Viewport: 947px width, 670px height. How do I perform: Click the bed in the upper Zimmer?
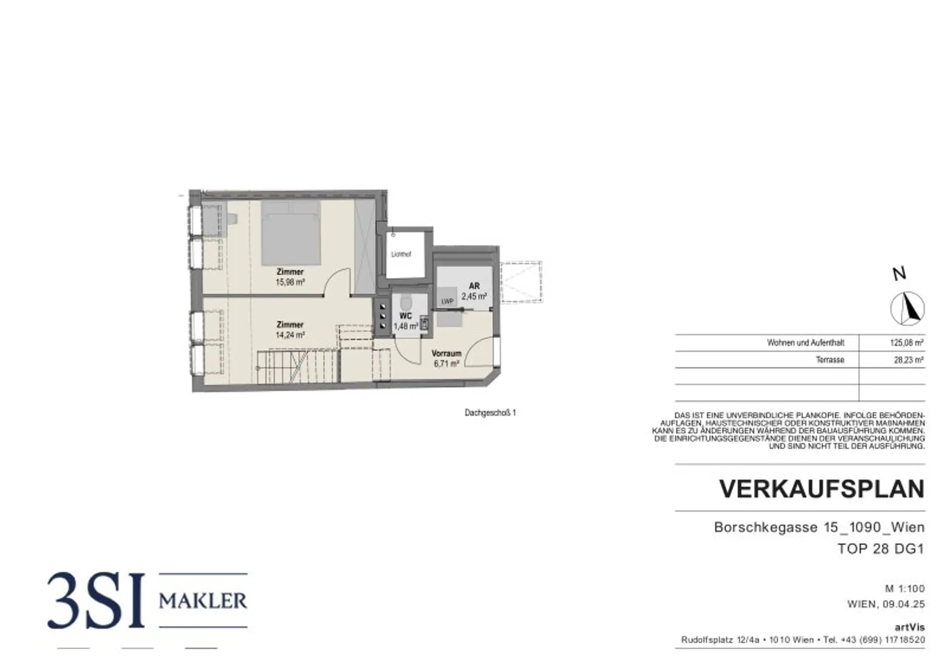291,233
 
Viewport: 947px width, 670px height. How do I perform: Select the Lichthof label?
401,255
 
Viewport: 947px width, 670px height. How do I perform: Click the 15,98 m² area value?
290,283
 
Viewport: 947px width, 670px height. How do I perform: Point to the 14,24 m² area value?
290,335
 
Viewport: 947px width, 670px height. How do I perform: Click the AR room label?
474,286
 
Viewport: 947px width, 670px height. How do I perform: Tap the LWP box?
447,301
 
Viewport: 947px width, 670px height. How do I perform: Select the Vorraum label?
446,354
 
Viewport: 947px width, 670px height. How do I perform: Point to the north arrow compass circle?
907,309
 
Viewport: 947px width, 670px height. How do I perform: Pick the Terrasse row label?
830,360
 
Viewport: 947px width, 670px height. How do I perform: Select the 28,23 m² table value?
909,360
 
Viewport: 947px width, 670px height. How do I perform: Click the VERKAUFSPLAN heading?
822,488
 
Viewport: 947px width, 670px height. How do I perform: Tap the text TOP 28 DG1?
881,549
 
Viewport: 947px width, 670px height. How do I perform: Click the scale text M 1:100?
905,589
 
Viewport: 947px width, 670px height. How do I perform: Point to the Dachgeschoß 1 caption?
490,412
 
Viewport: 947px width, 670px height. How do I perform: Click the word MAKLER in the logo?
203,601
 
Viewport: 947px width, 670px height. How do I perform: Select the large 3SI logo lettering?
97,600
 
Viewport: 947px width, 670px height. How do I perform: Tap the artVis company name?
910,628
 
